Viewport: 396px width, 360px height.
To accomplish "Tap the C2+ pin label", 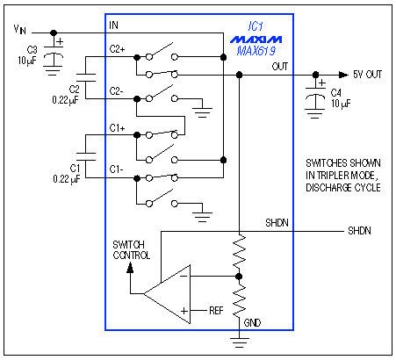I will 119,51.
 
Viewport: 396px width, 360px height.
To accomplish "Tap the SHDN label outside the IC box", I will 359,231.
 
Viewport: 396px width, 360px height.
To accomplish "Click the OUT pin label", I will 279,66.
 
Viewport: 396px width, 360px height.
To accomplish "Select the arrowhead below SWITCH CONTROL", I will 131,268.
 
